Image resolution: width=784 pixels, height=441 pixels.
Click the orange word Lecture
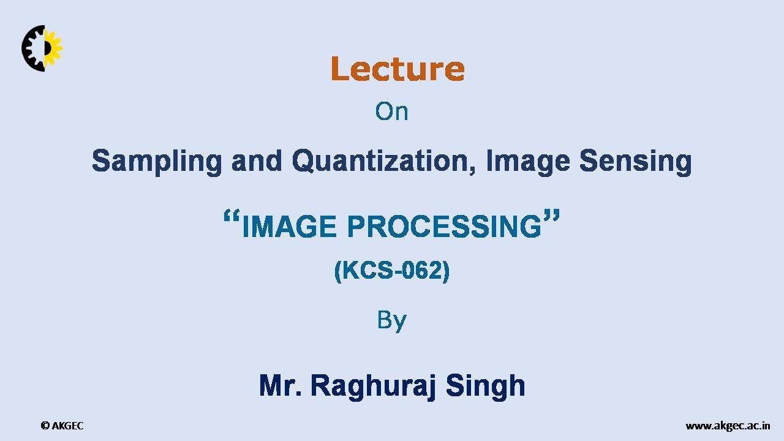click(x=398, y=69)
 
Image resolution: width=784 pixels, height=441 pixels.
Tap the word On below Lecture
click(x=391, y=111)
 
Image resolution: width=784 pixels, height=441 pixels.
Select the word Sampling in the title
click(x=157, y=161)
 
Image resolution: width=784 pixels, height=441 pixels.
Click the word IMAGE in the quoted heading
click(x=289, y=227)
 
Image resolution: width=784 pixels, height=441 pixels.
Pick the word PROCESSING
click(x=444, y=227)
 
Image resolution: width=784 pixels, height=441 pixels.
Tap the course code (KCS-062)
click(x=392, y=271)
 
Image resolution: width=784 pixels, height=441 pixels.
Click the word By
click(x=391, y=320)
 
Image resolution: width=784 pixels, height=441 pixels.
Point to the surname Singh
click(x=485, y=386)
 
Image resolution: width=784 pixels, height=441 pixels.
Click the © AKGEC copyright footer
click(x=62, y=426)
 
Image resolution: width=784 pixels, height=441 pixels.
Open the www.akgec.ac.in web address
click(x=728, y=426)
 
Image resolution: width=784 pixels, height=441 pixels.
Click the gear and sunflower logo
click(x=42, y=48)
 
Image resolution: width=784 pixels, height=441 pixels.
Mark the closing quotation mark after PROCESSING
click(x=551, y=217)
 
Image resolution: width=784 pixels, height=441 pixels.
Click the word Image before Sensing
click(x=528, y=161)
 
